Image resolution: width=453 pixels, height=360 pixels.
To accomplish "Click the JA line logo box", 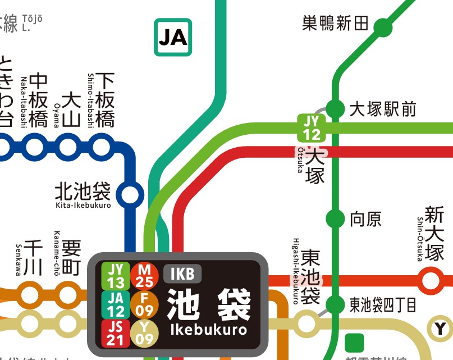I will (x=173, y=37).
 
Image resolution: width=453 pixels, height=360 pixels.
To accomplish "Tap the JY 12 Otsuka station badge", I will (x=312, y=127).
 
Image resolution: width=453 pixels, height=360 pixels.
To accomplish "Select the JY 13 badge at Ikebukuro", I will (x=116, y=275).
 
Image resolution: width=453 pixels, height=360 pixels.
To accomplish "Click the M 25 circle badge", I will (x=145, y=275).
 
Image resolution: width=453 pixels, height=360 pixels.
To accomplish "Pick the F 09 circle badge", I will (x=145, y=304).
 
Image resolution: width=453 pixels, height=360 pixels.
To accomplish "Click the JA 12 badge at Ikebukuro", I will (x=116, y=304).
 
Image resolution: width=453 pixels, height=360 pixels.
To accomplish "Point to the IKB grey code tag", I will (x=182, y=274).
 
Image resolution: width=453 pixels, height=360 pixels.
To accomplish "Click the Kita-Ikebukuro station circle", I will (x=130, y=194).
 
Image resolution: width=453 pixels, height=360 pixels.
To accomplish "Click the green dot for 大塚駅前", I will (x=335, y=108).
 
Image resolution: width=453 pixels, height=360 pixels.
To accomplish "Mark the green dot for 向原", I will (x=335, y=218).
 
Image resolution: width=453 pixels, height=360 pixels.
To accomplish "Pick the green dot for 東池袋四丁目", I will (x=335, y=305).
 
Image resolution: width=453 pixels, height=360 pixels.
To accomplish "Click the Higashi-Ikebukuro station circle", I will (x=307, y=323).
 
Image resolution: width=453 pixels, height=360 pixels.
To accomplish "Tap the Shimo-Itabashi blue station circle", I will (x=102, y=147).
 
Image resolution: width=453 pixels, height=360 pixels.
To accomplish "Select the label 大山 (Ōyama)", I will (x=71, y=110).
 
